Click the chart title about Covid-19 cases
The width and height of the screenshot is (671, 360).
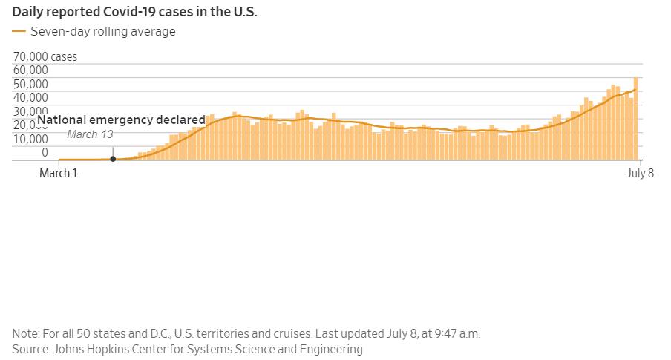tap(134, 13)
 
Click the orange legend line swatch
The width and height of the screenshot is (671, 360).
tap(19, 31)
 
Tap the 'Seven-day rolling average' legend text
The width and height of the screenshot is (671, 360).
tap(102, 31)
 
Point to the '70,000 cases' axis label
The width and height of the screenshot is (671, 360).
tap(45, 56)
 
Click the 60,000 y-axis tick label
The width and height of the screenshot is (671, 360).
tap(30, 70)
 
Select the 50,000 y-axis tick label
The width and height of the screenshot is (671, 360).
tap(30, 84)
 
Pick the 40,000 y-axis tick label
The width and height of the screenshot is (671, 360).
tap(30, 97)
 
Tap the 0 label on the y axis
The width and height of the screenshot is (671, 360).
tap(44, 152)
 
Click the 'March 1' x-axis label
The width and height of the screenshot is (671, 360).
tap(59, 174)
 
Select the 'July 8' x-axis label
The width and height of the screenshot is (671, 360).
tap(640, 174)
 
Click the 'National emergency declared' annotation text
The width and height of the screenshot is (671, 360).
tap(121, 120)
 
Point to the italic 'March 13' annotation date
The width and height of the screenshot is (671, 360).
tap(90, 134)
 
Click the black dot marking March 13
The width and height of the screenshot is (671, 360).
tap(113, 159)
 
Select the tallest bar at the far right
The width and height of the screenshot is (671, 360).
tap(636, 119)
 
